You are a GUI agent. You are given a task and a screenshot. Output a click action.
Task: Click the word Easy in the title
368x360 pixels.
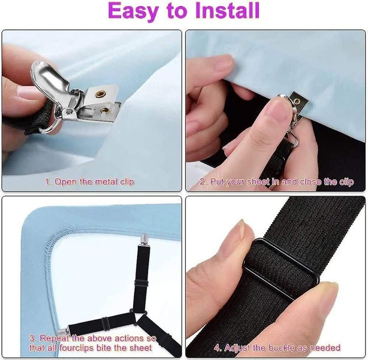136,11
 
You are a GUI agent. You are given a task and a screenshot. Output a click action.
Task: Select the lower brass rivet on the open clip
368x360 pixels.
106,110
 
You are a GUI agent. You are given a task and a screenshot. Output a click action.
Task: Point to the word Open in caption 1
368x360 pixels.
67,181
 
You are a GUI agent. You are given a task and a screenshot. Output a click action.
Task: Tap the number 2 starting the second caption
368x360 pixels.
203,181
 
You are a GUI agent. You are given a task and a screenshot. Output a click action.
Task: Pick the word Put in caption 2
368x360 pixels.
218,181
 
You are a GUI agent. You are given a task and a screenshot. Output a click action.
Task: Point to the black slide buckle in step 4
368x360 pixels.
282,268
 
